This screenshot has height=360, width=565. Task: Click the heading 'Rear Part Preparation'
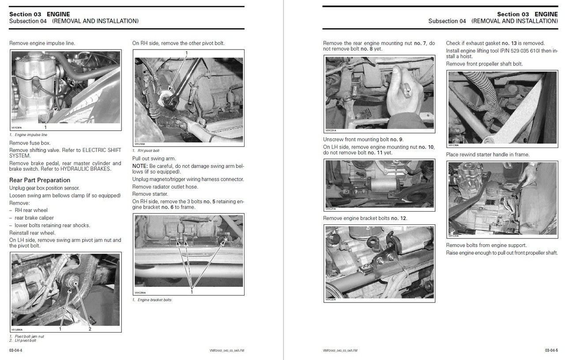(40, 180)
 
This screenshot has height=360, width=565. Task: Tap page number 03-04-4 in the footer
(16, 350)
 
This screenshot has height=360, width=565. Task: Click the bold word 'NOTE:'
(140, 166)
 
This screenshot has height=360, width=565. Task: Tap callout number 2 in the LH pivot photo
(90, 329)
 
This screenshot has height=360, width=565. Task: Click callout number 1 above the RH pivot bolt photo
(186, 53)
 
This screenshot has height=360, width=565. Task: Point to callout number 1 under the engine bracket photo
(192, 292)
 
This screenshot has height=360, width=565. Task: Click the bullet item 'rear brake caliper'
(34, 218)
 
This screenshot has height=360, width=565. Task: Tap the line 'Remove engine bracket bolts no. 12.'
(365, 218)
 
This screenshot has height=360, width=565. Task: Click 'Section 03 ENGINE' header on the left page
(40, 14)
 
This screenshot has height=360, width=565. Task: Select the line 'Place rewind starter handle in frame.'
(488, 155)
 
